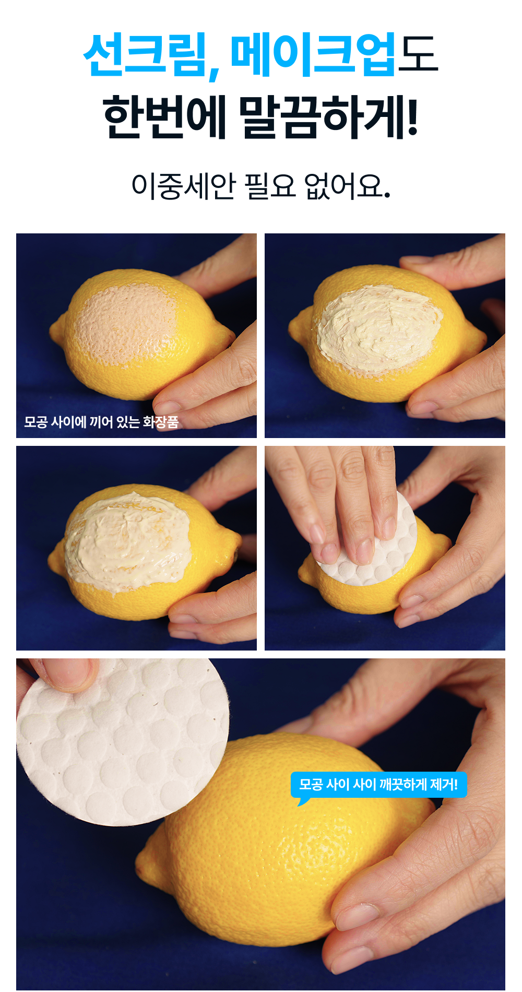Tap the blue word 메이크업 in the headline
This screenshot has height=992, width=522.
tap(313, 55)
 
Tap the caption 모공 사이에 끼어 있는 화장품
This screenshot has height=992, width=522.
tap(101, 421)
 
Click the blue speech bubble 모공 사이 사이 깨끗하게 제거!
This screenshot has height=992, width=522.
tap(378, 785)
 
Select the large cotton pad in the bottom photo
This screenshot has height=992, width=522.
tap(123, 741)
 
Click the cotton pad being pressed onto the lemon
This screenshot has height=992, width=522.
tap(368, 543)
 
